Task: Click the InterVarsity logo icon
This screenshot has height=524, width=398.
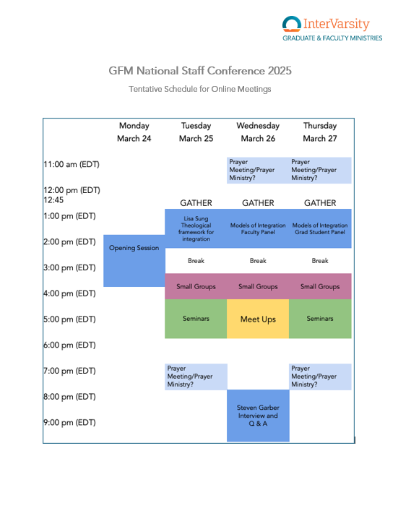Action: click(292, 24)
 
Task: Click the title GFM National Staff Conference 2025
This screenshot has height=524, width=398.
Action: click(200, 71)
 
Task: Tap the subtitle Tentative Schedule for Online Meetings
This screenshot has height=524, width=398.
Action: click(200, 89)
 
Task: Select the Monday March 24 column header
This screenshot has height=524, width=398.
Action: click(134, 132)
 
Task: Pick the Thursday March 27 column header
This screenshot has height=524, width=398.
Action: click(320, 132)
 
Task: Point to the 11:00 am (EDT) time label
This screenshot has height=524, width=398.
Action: click(72, 164)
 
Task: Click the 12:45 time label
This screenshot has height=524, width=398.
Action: click(53, 200)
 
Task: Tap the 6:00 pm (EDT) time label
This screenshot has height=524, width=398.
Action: click(69, 345)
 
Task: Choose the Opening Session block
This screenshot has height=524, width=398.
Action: click(134, 261)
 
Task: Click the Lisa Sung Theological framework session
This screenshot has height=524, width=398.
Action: click(196, 228)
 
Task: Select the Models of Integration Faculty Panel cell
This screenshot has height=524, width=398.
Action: click(258, 228)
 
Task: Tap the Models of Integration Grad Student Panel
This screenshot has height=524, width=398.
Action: click(320, 228)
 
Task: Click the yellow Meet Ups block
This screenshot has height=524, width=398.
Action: click(258, 319)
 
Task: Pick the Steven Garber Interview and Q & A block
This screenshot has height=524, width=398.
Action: click(258, 416)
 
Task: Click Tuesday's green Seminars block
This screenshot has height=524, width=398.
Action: click(196, 319)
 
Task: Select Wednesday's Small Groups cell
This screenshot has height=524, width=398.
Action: click(258, 286)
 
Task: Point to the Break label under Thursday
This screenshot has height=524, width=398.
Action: click(320, 261)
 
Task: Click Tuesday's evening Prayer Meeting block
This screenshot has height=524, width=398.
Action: click(196, 377)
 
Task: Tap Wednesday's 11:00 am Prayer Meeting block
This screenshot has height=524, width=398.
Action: click(258, 170)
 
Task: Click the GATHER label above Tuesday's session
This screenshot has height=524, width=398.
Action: click(196, 203)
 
